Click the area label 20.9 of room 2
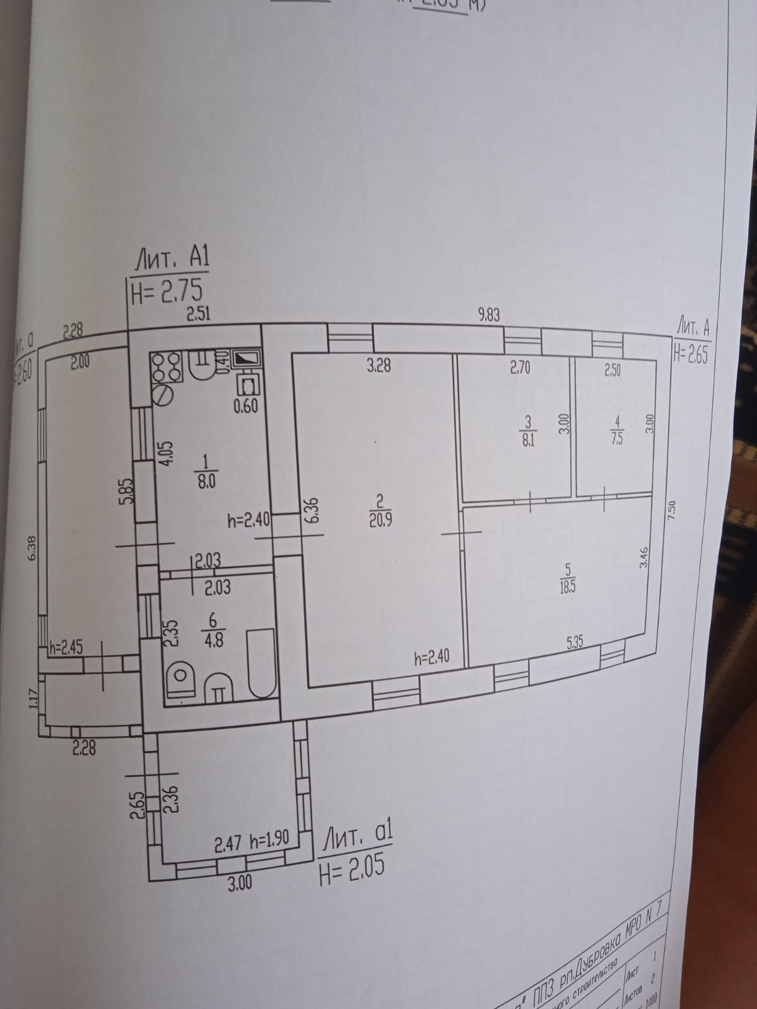pos(380,522)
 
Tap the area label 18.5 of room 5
pos(566,586)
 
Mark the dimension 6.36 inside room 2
pos(314,512)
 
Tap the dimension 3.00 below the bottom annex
pos(239,883)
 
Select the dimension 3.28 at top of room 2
pos(378,365)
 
